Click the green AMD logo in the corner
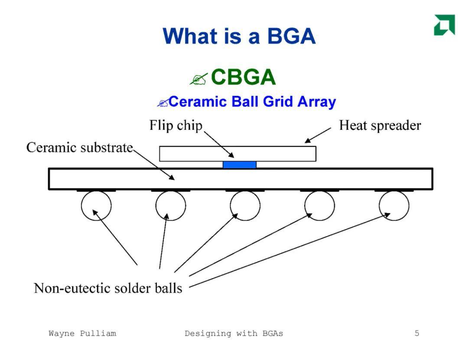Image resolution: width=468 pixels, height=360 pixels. tap(445, 25)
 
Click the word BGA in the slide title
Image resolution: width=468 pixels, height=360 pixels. tap(291, 36)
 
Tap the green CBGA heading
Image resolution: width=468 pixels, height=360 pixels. tap(243, 77)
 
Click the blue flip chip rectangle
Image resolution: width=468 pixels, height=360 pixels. tap(240, 165)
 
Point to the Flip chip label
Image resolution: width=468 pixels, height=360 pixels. tap(176, 125)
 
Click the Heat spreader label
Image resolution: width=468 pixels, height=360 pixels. tap(380, 125)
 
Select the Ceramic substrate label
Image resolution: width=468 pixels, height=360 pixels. tap(79, 147)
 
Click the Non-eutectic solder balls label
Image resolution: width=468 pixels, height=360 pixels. tap(108, 289)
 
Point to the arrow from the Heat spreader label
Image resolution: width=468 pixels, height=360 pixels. tap(318, 135)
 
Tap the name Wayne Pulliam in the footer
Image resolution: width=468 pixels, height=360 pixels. tap(82, 334)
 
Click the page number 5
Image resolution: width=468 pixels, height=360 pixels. tap(417, 333)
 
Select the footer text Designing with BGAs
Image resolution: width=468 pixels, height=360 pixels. tap(234, 334)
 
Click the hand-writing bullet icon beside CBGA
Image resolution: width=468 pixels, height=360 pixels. tap(198, 79)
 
